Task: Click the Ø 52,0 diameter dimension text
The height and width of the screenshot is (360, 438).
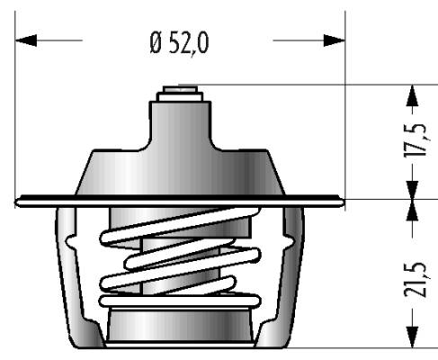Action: coord(179,44)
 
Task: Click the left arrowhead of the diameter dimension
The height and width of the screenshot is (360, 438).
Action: coord(26,40)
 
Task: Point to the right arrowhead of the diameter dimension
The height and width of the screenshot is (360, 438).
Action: coord(334,40)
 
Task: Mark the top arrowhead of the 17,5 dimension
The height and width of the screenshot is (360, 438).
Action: coord(413,95)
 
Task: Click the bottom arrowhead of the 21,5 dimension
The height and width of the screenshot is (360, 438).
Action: coord(413,337)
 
